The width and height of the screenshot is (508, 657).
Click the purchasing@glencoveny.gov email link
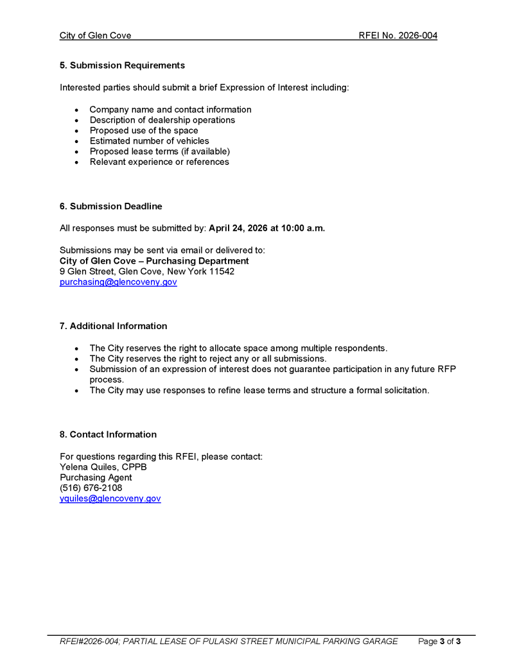click(x=118, y=282)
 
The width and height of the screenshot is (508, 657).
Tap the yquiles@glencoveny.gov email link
click(x=110, y=499)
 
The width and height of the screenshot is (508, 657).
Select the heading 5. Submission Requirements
click(x=122, y=65)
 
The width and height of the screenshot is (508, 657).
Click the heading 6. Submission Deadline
click(x=110, y=207)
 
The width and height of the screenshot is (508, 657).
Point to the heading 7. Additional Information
click(x=113, y=326)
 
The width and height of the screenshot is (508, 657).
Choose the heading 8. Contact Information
click(x=108, y=434)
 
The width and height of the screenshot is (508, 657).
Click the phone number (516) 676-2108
click(x=91, y=488)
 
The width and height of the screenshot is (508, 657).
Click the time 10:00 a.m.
click(x=302, y=228)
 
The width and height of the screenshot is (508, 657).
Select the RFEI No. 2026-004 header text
click(x=398, y=35)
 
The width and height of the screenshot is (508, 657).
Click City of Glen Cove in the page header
click(x=95, y=35)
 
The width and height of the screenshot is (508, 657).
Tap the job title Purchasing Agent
click(x=96, y=477)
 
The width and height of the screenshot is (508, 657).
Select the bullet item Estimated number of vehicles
click(x=149, y=141)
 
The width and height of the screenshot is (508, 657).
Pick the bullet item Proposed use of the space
click(x=144, y=130)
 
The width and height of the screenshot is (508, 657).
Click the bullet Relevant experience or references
click(x=159, y=162)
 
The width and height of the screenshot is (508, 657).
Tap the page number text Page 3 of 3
click(x=439, y=641)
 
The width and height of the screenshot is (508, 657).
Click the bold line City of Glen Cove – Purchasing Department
click(x=154, y=261)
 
